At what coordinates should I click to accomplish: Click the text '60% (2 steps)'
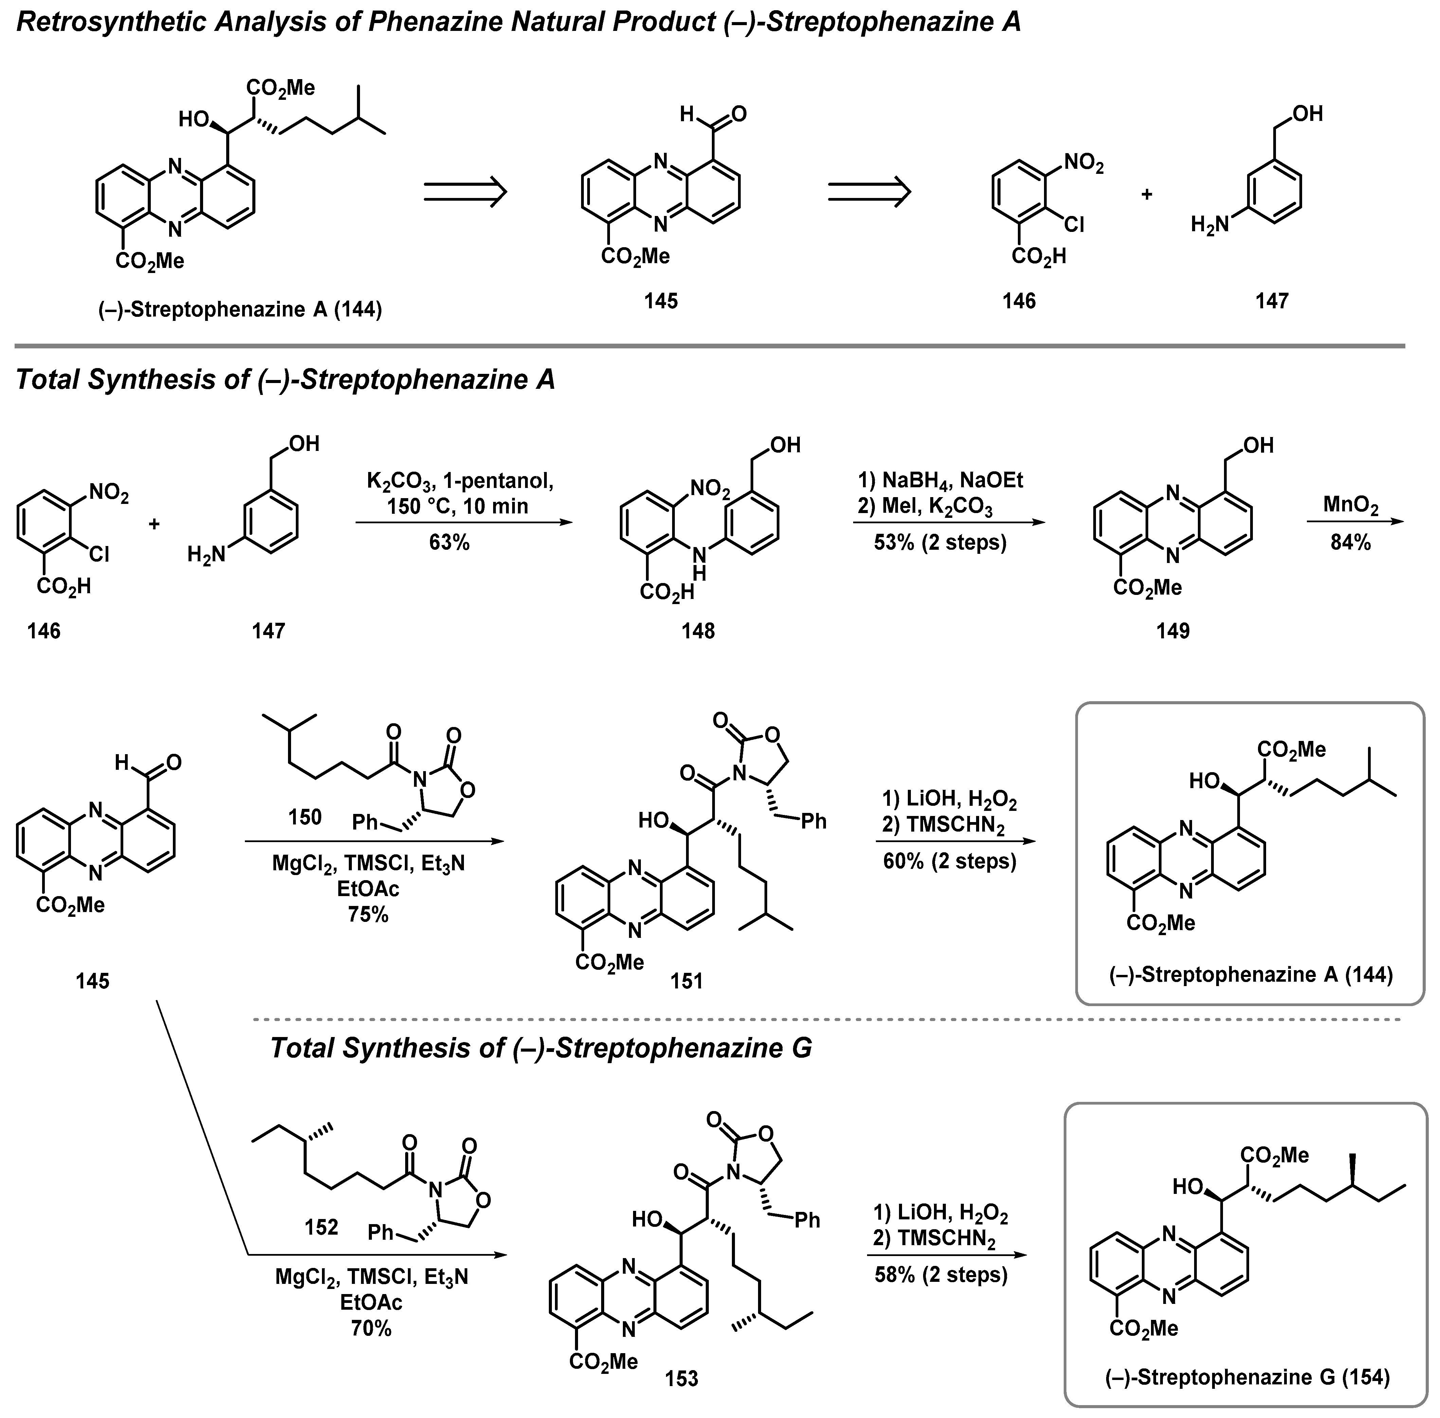tap(950, 862)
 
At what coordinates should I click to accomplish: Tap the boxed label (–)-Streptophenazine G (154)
tap(1247, 1377)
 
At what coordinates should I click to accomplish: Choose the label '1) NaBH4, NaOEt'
tap(940, 480)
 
